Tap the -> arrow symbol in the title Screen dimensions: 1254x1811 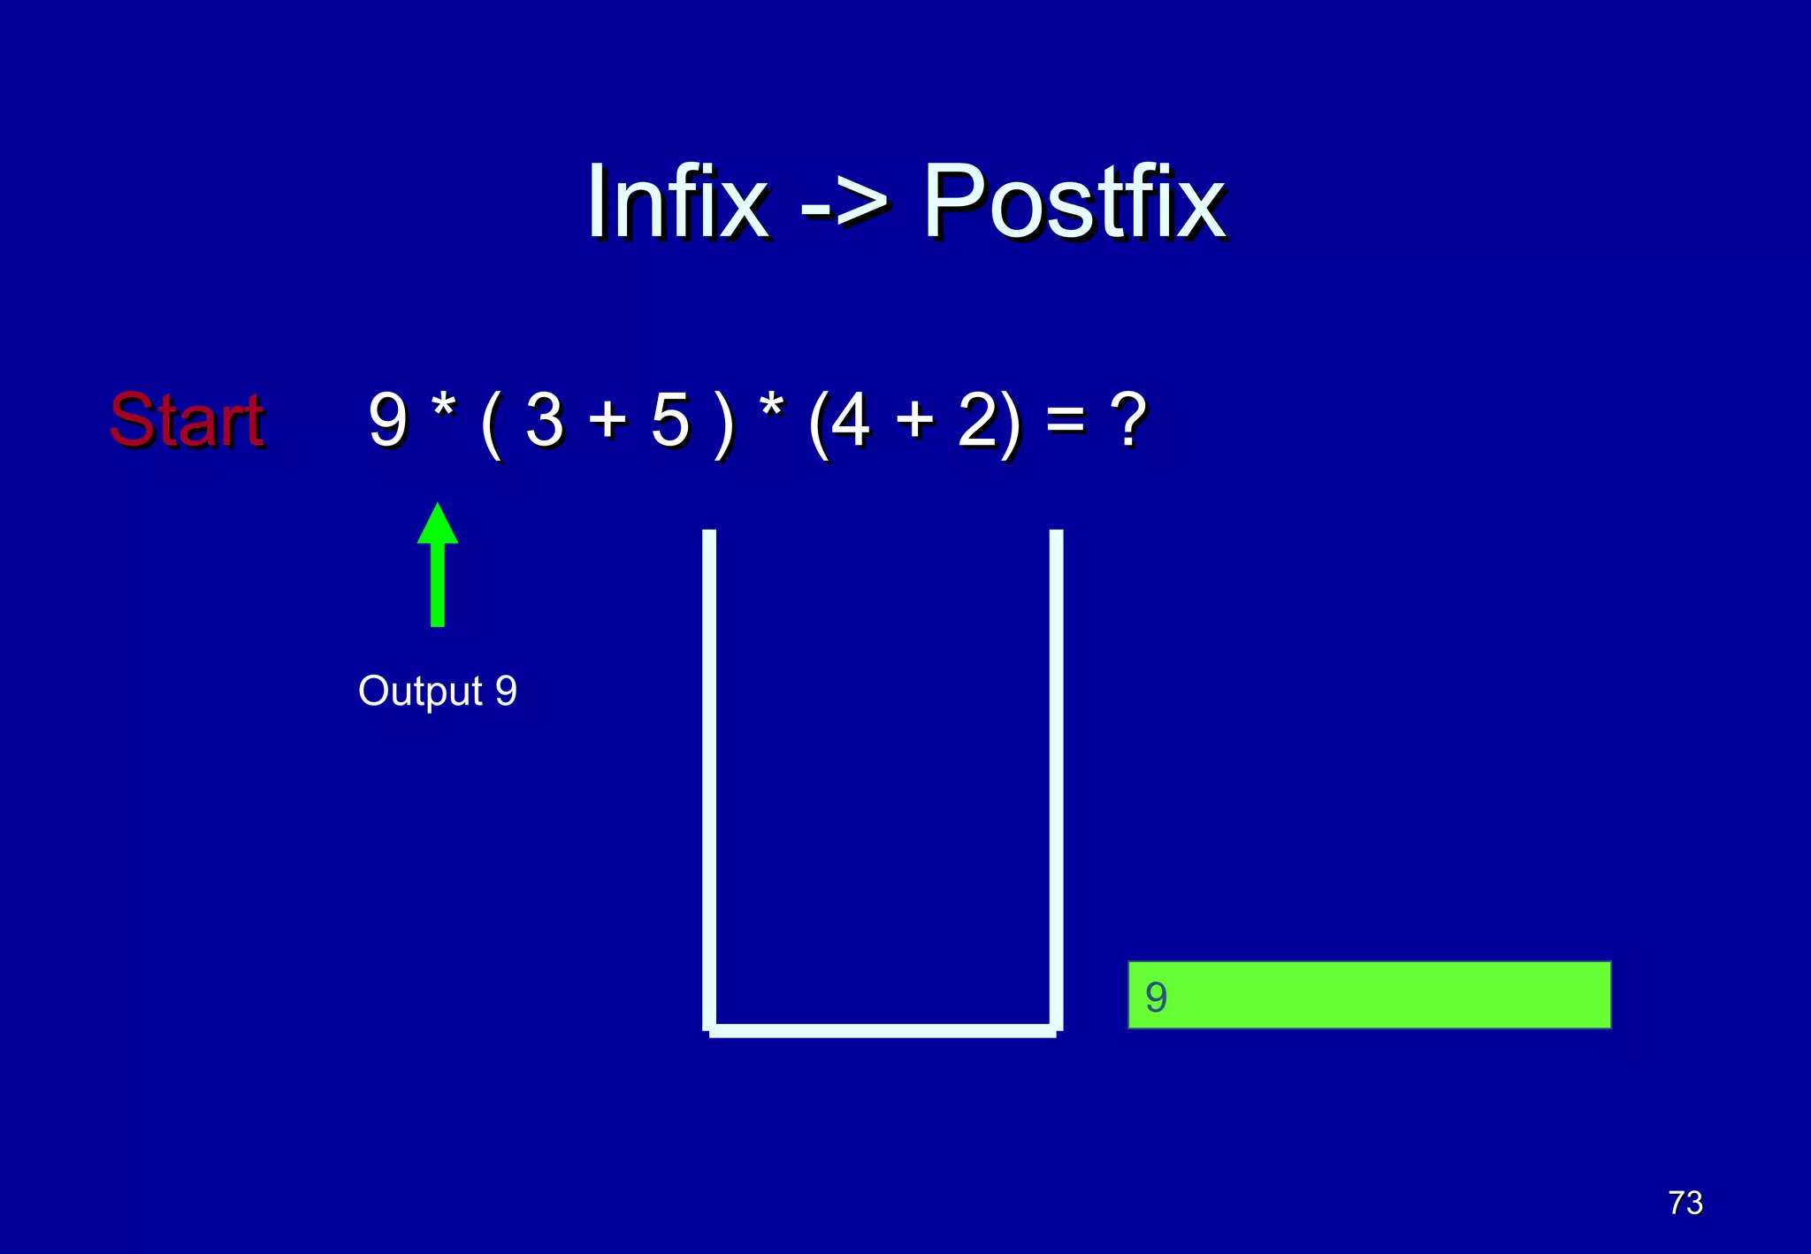point(844,205)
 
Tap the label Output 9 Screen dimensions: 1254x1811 point(437,691)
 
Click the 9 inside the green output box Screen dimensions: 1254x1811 point(1156,997)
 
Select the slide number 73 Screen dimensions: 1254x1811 point(1685,1203)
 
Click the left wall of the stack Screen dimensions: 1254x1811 point(709,778)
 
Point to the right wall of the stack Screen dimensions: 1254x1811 point(1056,778)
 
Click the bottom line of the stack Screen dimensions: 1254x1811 point(883,1030)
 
